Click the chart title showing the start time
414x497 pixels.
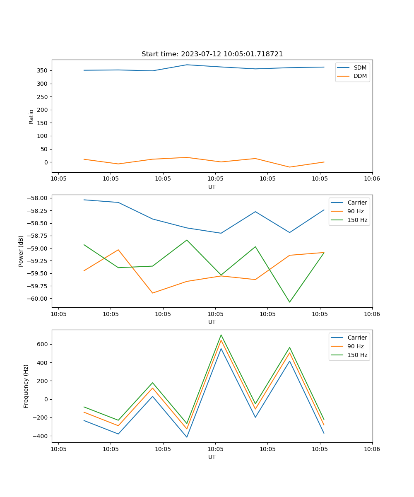point(212,54)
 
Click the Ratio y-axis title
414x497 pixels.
point(31,116)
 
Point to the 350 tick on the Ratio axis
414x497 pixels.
point(43,70)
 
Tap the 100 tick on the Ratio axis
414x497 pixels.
point(43,136)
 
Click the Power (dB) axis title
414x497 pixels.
point(21,251)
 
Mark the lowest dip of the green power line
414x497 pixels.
point(289,302)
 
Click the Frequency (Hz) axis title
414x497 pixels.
point(26,386)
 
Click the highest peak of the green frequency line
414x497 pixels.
point(221,335)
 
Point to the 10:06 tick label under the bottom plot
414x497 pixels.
point(372,449)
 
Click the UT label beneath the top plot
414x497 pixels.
point(212,187)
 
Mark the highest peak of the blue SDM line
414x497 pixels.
point(187,65)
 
